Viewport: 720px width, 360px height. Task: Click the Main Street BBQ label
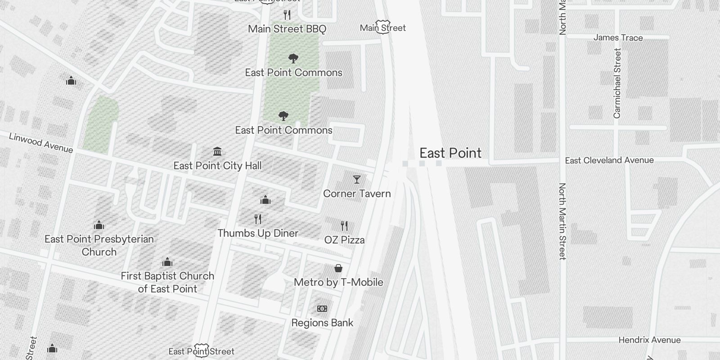click(287, 29)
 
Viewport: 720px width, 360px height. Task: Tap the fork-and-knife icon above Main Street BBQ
click(287, 15)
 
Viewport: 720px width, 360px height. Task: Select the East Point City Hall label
click(217, 166)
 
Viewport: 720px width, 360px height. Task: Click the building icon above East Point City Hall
click(217, 151)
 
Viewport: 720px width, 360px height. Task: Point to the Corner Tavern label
click(357, 194)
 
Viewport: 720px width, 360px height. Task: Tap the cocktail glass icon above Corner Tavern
click(357, 180)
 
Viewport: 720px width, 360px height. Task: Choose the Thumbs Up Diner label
click(258, 233)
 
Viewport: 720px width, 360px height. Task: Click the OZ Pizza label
click(344, 240)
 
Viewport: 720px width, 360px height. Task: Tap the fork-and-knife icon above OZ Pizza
click(344, 225)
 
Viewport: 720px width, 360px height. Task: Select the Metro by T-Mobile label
click(338, 282)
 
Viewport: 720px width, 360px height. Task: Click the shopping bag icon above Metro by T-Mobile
click(338, 269)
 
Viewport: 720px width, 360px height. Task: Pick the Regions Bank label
click(322, 323)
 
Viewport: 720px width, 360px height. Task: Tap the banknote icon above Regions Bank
click(322, 309)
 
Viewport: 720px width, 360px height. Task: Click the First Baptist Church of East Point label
click(167, 282)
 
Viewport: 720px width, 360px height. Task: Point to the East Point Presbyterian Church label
click(99, 245)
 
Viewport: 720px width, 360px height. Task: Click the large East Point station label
click(450, 153)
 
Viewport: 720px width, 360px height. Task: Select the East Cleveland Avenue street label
click(609, 160)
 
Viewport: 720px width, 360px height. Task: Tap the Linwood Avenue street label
click(41, 143)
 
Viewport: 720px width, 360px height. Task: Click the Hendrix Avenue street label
click(649, 340)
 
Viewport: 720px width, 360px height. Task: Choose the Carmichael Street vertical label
click(617, 84)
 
